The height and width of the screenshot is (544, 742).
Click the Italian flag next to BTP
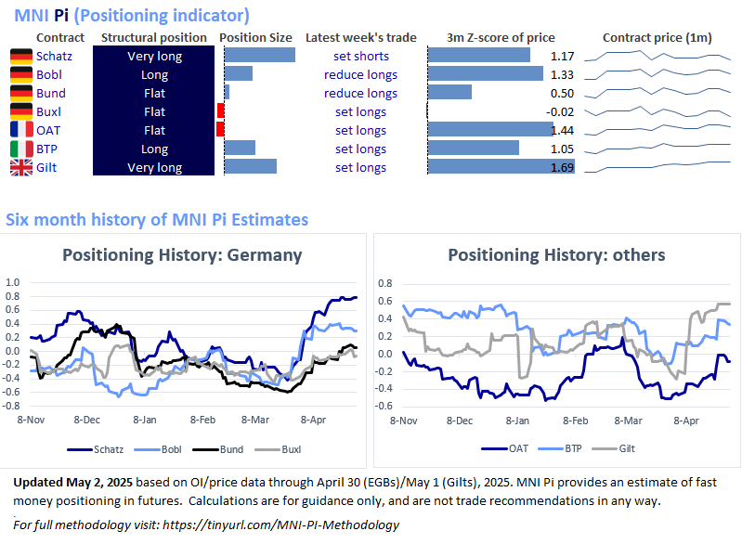pos(20,149)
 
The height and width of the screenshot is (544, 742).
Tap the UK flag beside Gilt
pos(20,167)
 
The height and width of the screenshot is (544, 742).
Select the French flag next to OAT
pos(20,130)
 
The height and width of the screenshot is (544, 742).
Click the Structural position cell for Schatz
pos(154,56)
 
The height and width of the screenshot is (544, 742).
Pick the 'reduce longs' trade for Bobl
pos(360,74)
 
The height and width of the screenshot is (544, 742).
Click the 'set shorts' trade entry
pos(360,56)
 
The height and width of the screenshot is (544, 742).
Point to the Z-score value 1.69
pos(560,167)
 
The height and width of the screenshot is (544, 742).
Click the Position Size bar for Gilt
pos(251,167)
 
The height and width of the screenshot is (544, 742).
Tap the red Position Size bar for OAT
pos(220,130)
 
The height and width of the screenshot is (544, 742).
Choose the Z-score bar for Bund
pos(449,93)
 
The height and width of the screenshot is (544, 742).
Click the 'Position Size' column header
pos(255,38)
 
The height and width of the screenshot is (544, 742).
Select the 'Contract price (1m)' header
pos(657,38)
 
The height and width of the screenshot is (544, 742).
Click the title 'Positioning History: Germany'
pos(181,255)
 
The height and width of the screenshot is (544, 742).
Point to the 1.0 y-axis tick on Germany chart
pos(12,280)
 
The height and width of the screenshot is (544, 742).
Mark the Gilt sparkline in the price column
pos(657,167)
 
